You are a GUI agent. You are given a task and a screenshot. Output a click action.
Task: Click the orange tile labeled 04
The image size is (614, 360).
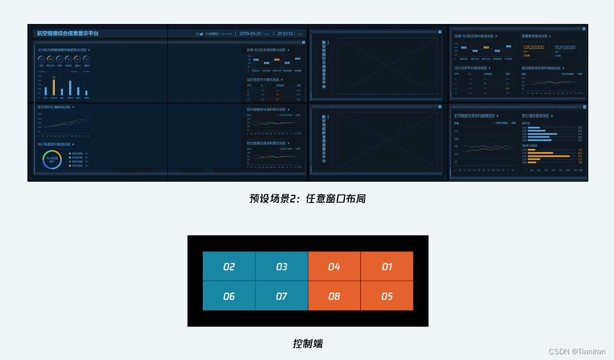click(334, 266)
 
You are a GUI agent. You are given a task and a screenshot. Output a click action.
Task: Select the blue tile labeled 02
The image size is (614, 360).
click(229, 266)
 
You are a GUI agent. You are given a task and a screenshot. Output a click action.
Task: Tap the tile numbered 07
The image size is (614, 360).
click(282, 296)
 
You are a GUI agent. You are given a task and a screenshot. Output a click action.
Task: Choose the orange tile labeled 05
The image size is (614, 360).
click(387, 296)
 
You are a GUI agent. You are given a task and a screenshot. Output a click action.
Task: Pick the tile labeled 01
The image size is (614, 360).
click(387, 266)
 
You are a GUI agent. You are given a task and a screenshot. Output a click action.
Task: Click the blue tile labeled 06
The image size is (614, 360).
click(229, 296)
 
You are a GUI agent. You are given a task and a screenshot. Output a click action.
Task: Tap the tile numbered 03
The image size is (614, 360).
click(282, 266)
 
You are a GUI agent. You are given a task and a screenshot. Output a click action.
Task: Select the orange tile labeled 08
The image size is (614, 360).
click(334, 296)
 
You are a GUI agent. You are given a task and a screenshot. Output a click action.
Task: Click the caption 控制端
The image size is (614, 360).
click(307, 343)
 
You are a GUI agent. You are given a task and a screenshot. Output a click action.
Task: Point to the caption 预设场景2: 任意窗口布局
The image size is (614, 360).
click(307, 198)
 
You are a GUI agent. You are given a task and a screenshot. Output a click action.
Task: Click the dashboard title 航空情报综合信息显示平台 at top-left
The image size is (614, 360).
click(67, 34)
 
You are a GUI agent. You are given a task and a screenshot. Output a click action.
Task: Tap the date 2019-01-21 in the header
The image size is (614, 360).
click(250, 34)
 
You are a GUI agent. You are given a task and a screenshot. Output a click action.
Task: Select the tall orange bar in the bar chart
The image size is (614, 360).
click(54, 87)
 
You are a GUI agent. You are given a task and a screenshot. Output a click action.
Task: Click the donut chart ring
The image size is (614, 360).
click(52, 159)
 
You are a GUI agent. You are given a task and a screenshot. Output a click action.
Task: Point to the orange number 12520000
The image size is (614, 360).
click(533, 48)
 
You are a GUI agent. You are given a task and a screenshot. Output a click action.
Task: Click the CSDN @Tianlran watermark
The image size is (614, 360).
click(577, 351)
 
